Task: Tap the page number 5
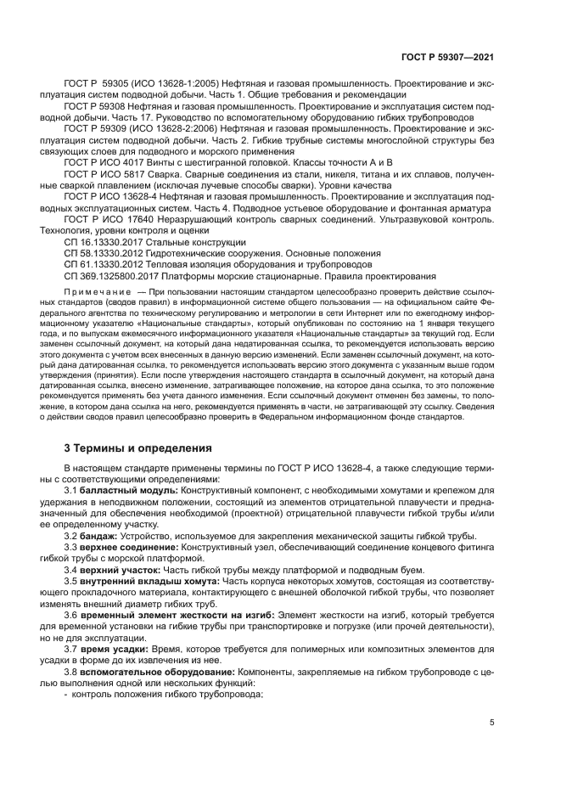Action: [492, 724]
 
